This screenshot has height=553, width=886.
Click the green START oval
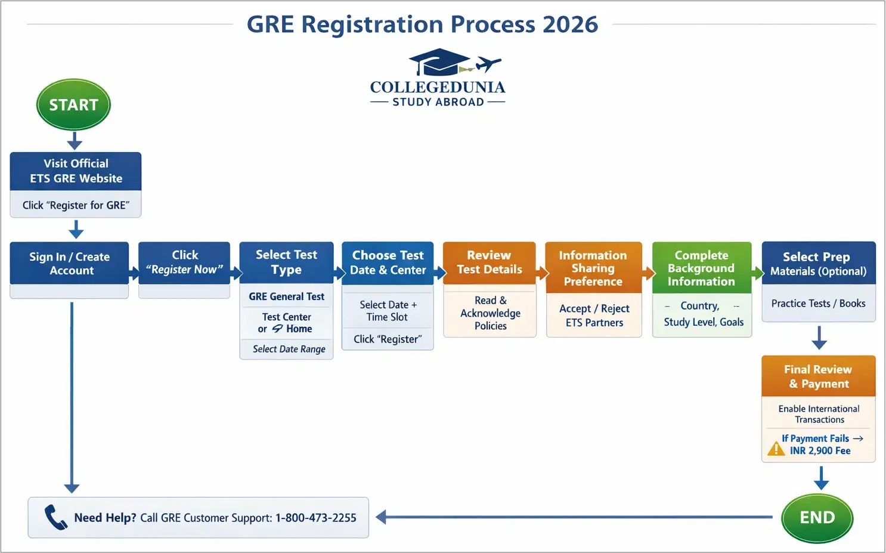coord(73,105)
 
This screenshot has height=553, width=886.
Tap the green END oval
coord(817,518)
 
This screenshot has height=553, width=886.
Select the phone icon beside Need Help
coord(55,517)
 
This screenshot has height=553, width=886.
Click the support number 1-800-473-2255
coord(315,518)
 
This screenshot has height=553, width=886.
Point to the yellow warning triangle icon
coord(776,448)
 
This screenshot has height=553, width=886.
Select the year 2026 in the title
coord(570,24)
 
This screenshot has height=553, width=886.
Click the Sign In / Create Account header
coord(70,263)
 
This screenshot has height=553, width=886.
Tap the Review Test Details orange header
coord(489,262)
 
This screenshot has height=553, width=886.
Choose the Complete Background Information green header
coord(701,268)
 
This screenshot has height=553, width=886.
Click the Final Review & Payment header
coord(818,376)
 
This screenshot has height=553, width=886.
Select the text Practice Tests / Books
coord(818,304)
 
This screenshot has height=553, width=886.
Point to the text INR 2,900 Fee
coord(820,451)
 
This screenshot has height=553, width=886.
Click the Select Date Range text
coord(289,349)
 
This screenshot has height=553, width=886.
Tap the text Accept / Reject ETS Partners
coord(594,316)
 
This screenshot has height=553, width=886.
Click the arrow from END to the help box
coord(572,517)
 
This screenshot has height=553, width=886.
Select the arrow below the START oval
coord(75,141)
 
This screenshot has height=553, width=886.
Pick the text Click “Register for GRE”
coord(76,205)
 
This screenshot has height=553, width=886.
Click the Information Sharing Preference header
coord(593,268)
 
